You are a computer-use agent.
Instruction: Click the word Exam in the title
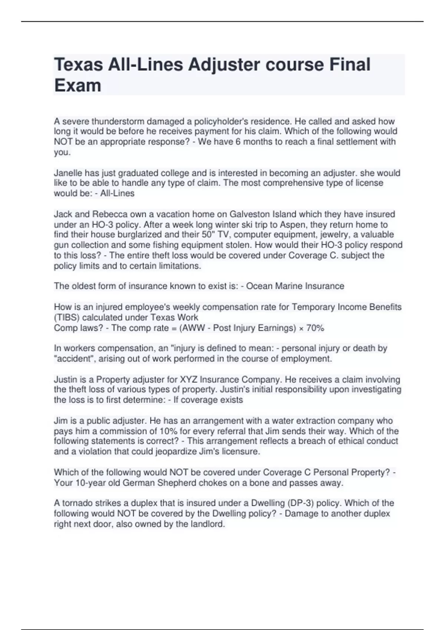tap(78, 86)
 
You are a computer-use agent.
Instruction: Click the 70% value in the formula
tap(315, 328)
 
